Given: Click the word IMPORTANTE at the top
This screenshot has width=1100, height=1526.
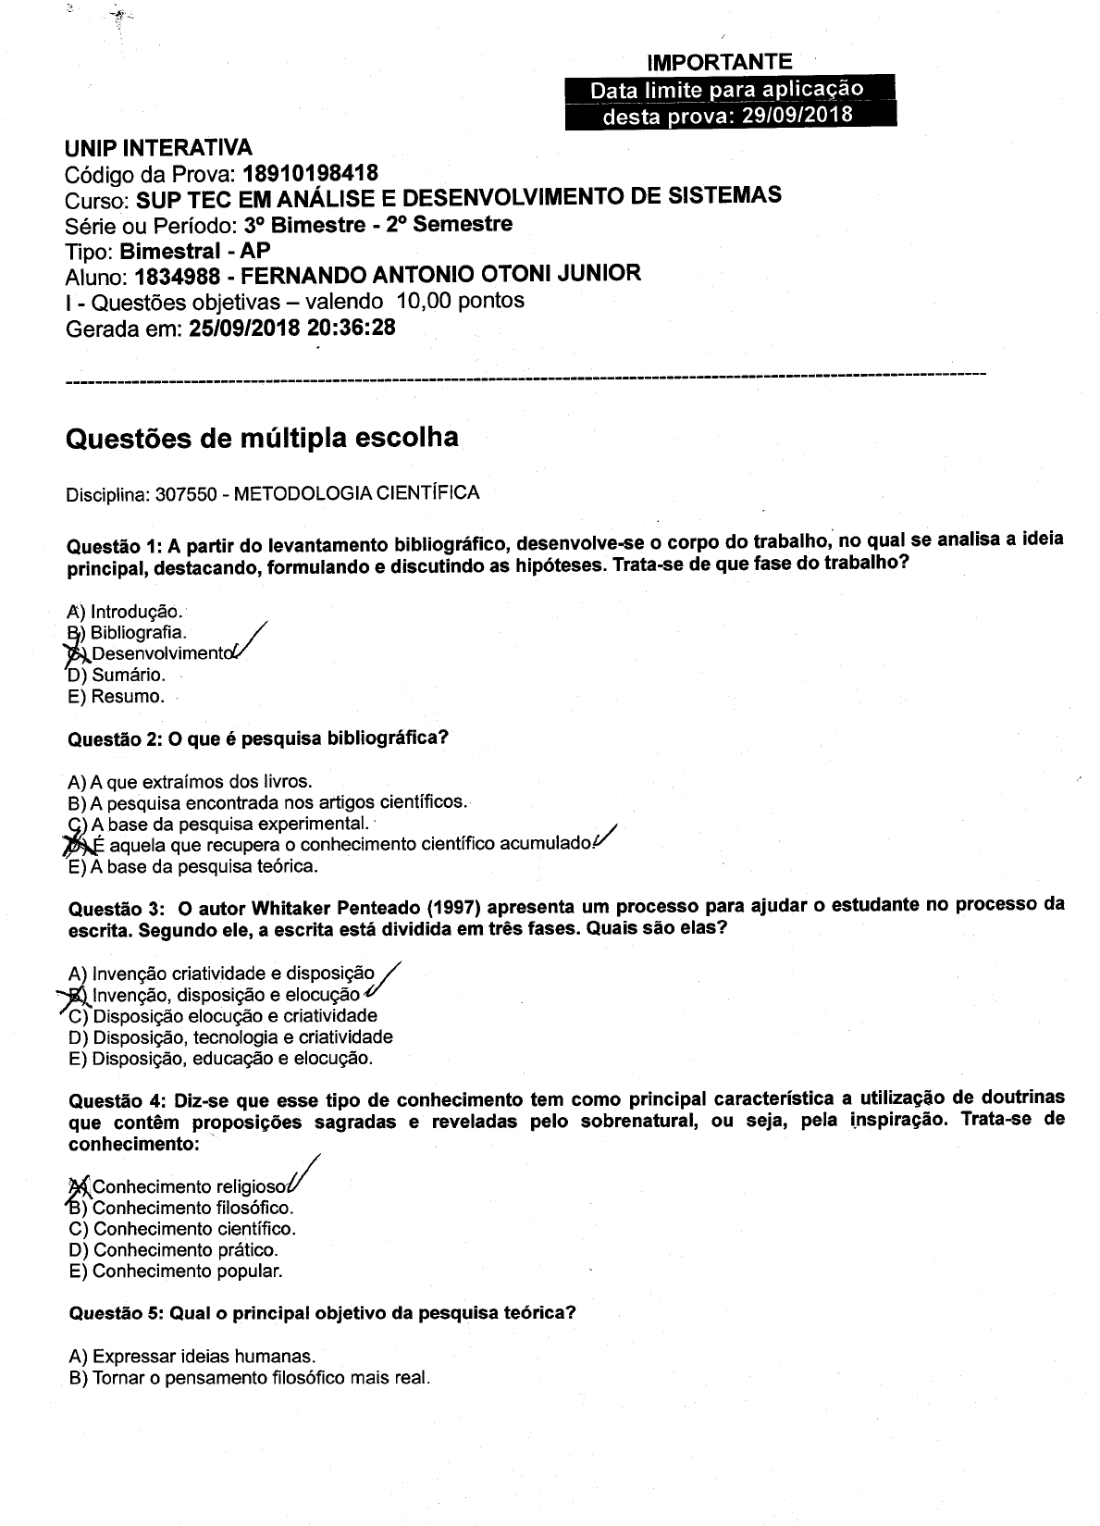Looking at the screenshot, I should click(x=719, y=63).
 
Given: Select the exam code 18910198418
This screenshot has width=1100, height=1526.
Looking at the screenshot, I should click(x=310, y=173).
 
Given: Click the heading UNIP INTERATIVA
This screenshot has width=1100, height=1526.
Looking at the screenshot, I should click(x=158, y=148).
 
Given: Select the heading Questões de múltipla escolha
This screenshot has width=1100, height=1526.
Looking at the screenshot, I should click(x=262, y=438).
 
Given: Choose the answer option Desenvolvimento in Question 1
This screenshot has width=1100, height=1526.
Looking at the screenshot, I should click(x=159, y=653).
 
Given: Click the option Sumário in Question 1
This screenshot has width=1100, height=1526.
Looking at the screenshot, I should click(x=128, y=675).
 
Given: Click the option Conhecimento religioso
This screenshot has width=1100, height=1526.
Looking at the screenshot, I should click(x=191, y=1186).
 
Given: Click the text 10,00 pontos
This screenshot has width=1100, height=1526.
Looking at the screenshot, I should click(x=460, y=301).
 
